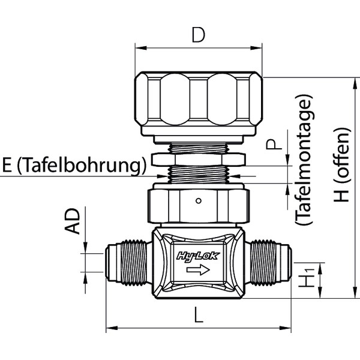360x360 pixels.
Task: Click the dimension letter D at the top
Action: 198,35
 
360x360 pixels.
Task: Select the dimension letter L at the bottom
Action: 198,316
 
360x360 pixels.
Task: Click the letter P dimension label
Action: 274,145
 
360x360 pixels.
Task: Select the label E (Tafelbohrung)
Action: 74,165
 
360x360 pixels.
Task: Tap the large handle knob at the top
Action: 199,103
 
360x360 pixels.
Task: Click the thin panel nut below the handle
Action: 199,159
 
